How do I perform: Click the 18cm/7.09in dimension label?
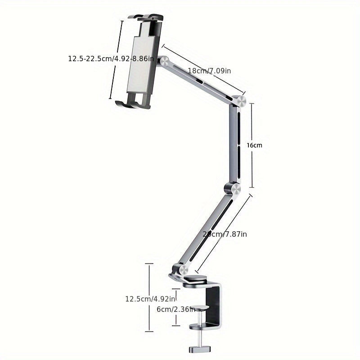(209, 71)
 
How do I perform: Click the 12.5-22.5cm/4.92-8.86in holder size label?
(111, 58)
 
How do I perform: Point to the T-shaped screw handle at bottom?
(198, 348)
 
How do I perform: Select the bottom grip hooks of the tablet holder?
(133, 104)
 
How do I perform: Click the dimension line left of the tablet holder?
(116, 58)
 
